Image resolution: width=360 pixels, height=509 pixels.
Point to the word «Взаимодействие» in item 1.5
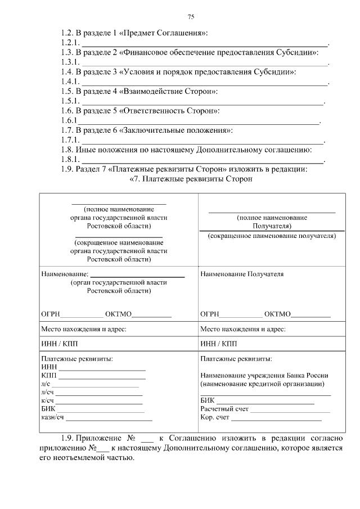pyautogui.click(x=151, y=91)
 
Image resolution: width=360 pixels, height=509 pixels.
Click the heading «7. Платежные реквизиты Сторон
pyautogui.click(x=191, y=179)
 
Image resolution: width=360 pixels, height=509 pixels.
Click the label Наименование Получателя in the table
pyautogui.click(x=242, y=274)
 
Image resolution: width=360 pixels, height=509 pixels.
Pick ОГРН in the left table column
pyautogui.click(x=51, y=314)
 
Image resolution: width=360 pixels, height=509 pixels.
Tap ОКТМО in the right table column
pyautogui.click(x=277, y=314)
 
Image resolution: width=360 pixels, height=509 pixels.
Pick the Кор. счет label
pyautogui.click(x=215, y=418)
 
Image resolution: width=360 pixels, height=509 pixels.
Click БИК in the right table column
pyautogui.click(x=207, y=400)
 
